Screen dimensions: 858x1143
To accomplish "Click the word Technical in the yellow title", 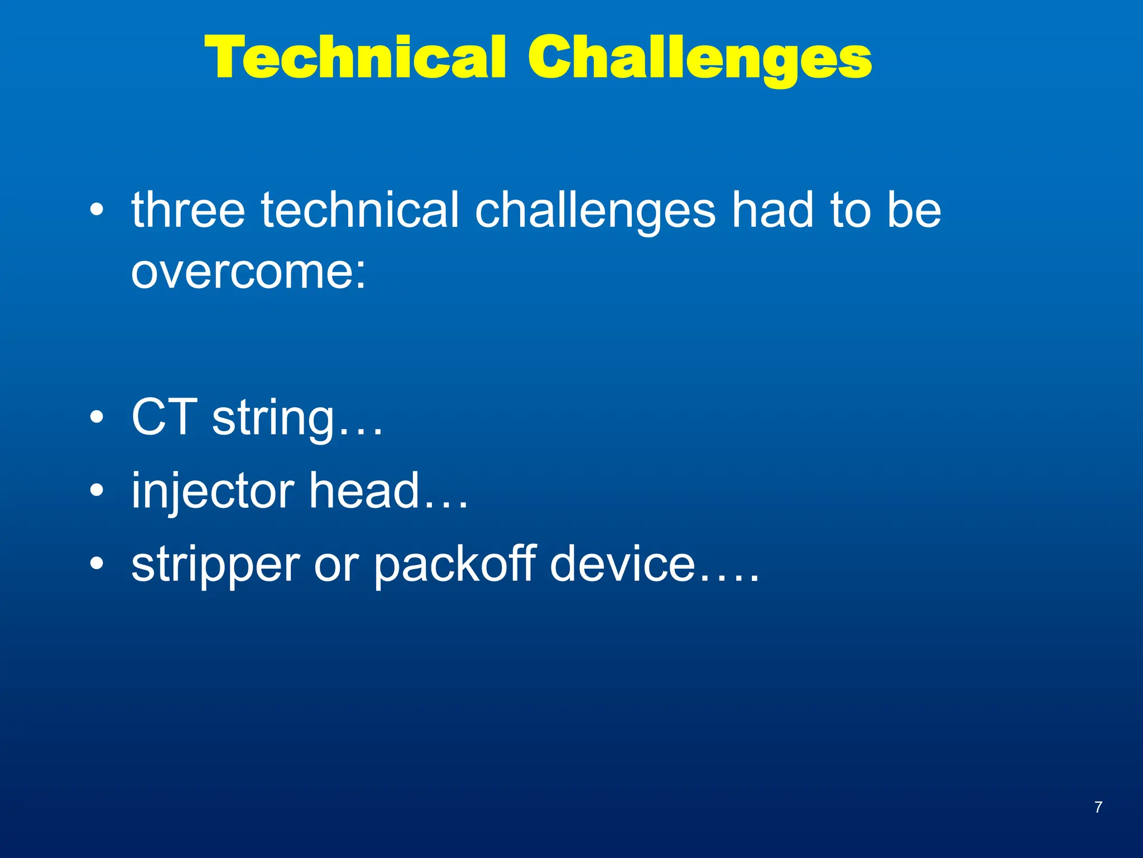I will (356, 57).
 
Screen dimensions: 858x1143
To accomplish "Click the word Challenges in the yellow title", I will (700, 58).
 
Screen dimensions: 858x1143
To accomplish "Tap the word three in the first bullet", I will (188, 210).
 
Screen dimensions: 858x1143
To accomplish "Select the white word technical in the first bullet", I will (360, 210).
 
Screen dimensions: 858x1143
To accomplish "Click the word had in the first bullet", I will (774, 210).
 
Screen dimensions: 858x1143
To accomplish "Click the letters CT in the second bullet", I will (164, 417).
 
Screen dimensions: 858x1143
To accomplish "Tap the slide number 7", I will (1098, 807).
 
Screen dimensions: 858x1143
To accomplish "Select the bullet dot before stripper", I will (97, 564).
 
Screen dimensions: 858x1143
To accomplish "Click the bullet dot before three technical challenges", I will (97, 210).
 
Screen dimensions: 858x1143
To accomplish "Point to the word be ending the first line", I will (914, 210).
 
